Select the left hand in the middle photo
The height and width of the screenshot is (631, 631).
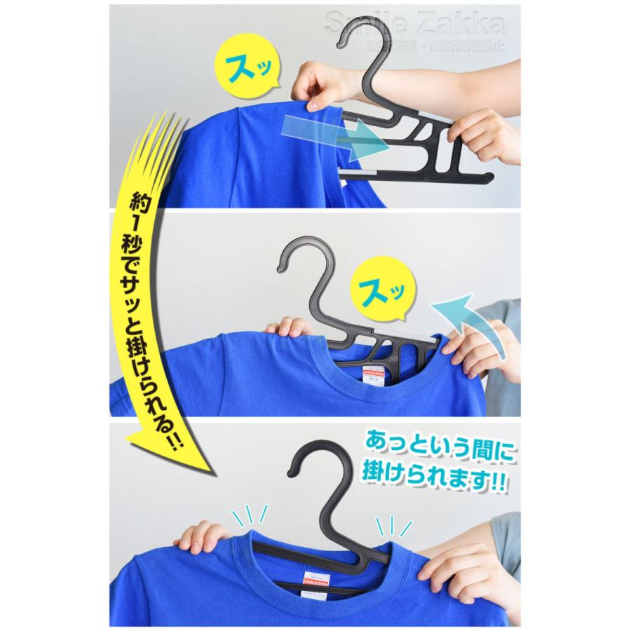tap(287, 327)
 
